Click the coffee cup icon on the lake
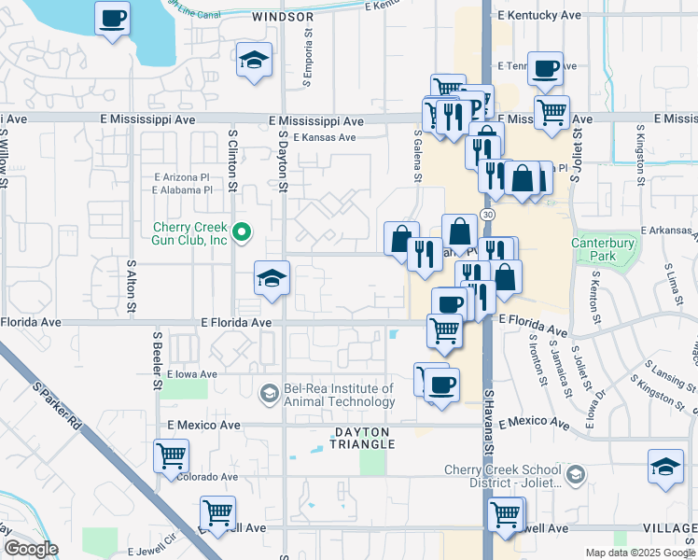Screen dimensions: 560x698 113,19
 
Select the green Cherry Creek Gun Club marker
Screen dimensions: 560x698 243,232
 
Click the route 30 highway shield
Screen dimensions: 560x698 488,215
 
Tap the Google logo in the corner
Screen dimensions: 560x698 31,549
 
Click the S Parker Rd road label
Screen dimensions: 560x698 57,407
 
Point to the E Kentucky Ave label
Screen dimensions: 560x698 540,16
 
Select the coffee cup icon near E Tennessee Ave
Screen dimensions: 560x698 545,68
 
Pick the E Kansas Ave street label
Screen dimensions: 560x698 324,137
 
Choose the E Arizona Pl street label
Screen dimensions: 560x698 181,176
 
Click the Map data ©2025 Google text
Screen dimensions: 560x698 640,553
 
